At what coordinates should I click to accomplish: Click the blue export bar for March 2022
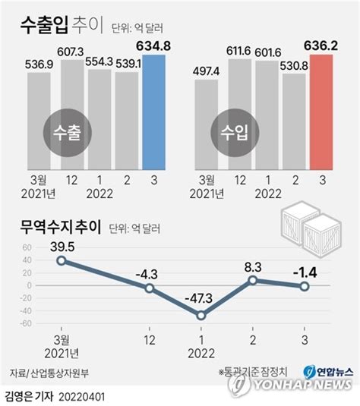[x=153, y=112]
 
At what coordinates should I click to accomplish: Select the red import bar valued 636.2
[x=321, y=112]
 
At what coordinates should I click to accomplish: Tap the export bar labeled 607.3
[x=72, y=115]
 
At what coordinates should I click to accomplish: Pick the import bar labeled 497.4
[x=207, y=124]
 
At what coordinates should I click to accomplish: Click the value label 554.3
[x=99, y=62]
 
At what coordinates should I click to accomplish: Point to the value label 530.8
[x=294, y=66]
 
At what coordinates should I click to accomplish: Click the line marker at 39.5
[x=62, y=260]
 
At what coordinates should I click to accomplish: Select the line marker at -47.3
[x=201, y=316]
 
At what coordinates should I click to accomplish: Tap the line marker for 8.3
[x=253, y=281]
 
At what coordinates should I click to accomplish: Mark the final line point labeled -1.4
[x=305, y=286]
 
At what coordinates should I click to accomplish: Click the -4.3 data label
[x=147, y=274]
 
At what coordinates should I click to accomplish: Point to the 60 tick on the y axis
[x=27, y=247]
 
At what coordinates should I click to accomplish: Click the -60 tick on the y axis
[x=26, y=323]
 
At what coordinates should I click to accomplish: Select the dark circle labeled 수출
[x=68, y=133]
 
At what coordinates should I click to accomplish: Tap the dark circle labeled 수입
[x=235, y=133]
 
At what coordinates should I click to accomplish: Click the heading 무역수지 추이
[x=61, y=227]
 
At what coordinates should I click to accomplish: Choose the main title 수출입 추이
[x=62, y=25]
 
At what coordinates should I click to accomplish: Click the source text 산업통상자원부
[x=60, y=373]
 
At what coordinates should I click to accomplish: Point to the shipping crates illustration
[x=311, y=229]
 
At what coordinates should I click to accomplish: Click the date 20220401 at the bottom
[x=81, y=397]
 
